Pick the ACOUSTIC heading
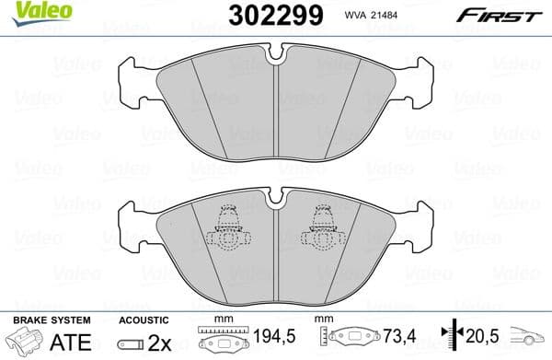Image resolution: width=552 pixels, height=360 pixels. pyautogui.click(x=143, y=319)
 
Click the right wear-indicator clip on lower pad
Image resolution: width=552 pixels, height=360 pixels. pyautogui.click(x=324, y=227)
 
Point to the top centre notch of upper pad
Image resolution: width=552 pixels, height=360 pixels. pyautogui.click(x=277, y=57)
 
